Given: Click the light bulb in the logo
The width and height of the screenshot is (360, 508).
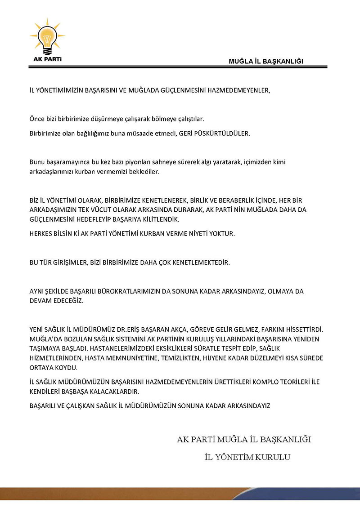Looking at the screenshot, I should point(47,38).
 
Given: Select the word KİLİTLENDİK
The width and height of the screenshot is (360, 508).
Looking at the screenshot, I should point(157,219).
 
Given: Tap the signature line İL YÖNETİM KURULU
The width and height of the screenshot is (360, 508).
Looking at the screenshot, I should point(247,457).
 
